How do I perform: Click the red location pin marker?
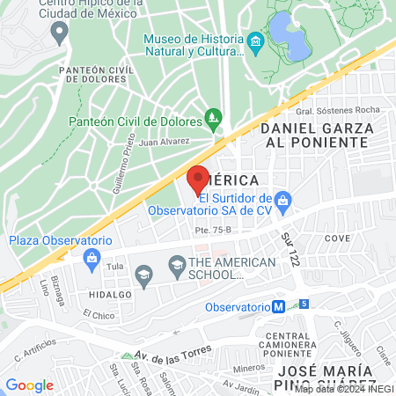tap(198, 180)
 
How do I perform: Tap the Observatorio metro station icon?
tap(278, 307)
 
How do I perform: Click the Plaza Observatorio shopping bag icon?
tap(91, 258)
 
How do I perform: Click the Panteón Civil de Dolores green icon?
tap(212, 116)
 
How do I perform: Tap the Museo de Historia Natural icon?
tap(255, 41)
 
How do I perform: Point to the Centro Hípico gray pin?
tap(60, 33)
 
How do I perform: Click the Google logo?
tap(30, 385)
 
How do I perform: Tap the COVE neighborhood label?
tap(337, 238)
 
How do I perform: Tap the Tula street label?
tap(113, 265)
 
